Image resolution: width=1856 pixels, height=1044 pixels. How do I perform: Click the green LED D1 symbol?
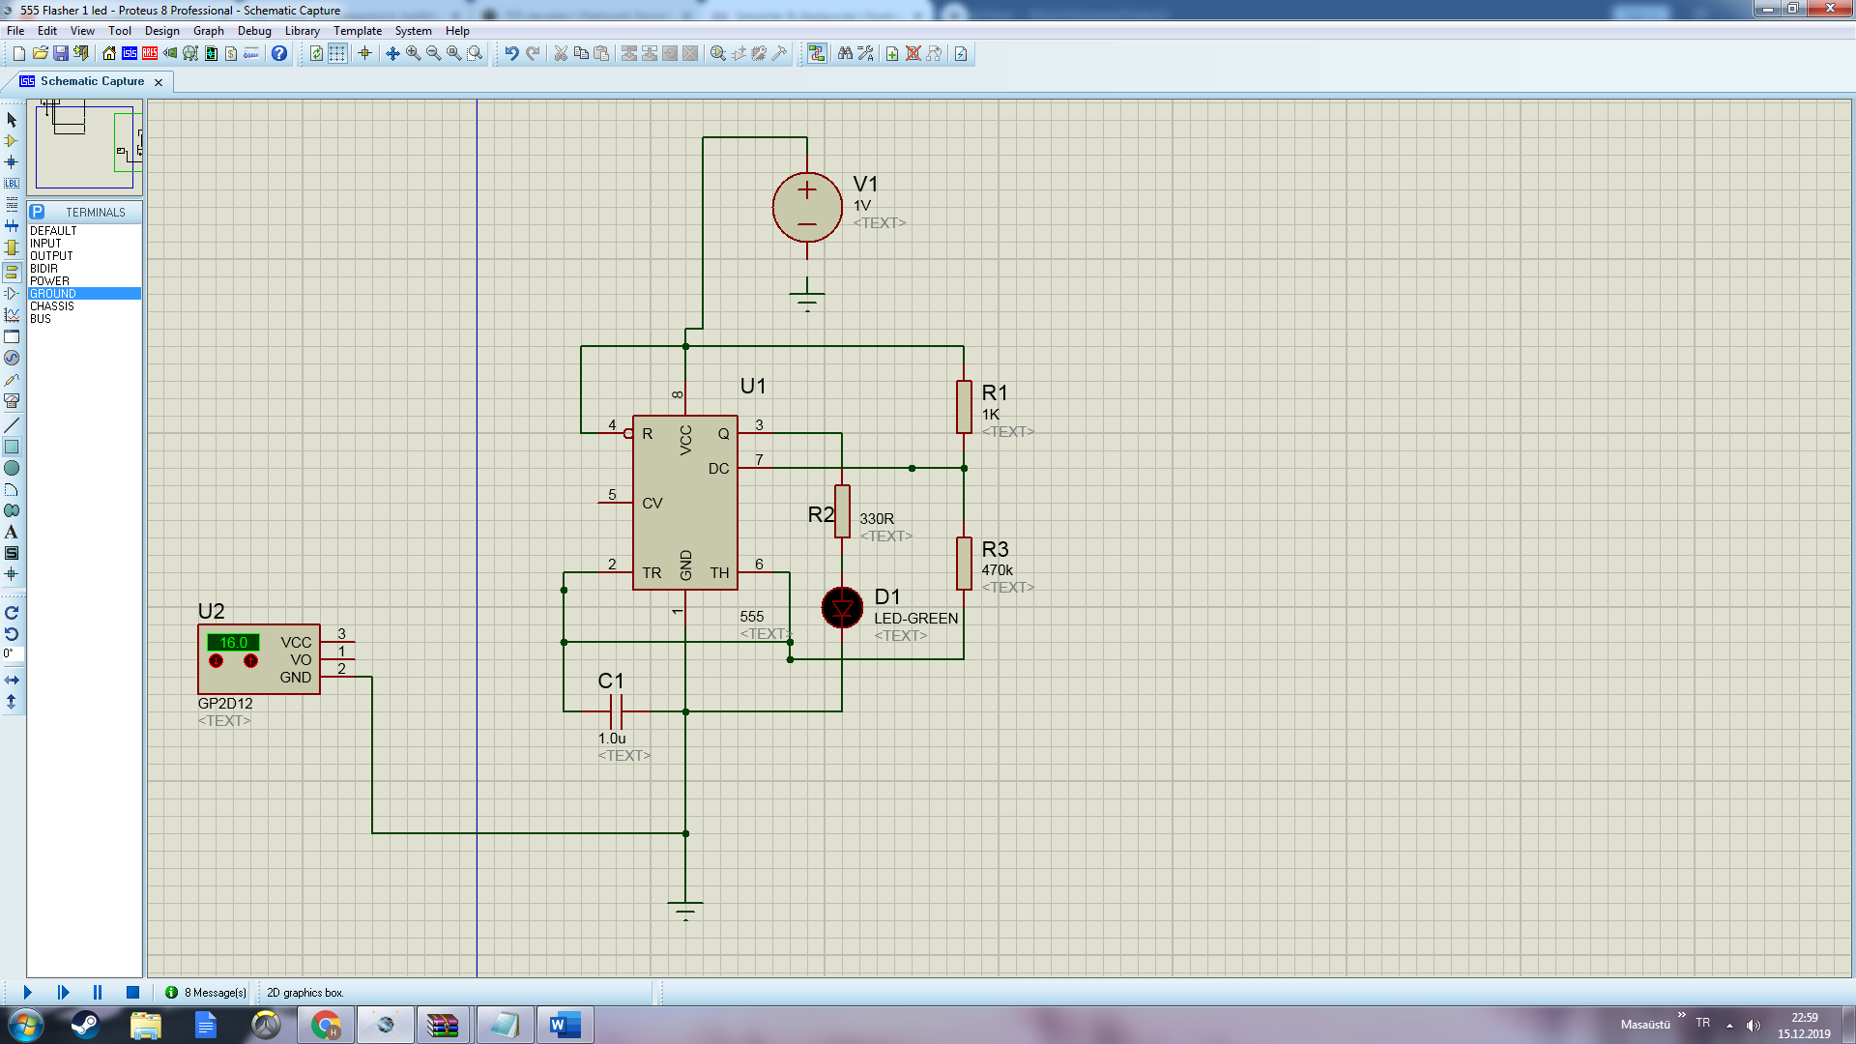click(842, 608)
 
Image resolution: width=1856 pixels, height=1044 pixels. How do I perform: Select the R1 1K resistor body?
click(964, 407)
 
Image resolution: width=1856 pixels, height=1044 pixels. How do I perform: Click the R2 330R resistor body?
click(842, 511)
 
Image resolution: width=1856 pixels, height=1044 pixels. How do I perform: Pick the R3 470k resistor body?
click(964, 564)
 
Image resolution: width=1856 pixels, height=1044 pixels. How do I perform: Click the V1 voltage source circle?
click(807, 207)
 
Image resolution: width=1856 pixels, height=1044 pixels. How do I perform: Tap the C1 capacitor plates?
click(616, 711)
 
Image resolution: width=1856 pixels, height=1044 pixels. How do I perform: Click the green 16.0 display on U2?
click(233, 643)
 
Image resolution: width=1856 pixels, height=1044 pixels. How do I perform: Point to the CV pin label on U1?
click(652, 504)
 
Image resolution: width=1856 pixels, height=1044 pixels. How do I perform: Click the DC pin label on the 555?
click(718, 469)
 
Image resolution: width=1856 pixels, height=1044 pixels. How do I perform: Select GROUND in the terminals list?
click(53, 294)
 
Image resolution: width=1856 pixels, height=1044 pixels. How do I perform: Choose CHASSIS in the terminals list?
click(52, 306)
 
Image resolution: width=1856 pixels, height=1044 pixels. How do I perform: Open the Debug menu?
click(254, 31)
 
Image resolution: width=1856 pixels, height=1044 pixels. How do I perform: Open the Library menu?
click(302, 31)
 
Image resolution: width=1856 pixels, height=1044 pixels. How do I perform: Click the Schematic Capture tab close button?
click(159, 82)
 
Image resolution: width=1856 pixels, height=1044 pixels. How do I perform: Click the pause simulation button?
click(98, 993)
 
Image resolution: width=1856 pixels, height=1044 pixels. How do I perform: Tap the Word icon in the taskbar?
click(565, 1025)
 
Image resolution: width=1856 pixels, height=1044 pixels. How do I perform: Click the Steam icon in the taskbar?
click(85, 1025)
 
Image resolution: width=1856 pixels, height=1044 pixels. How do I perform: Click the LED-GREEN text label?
click(916, 619)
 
